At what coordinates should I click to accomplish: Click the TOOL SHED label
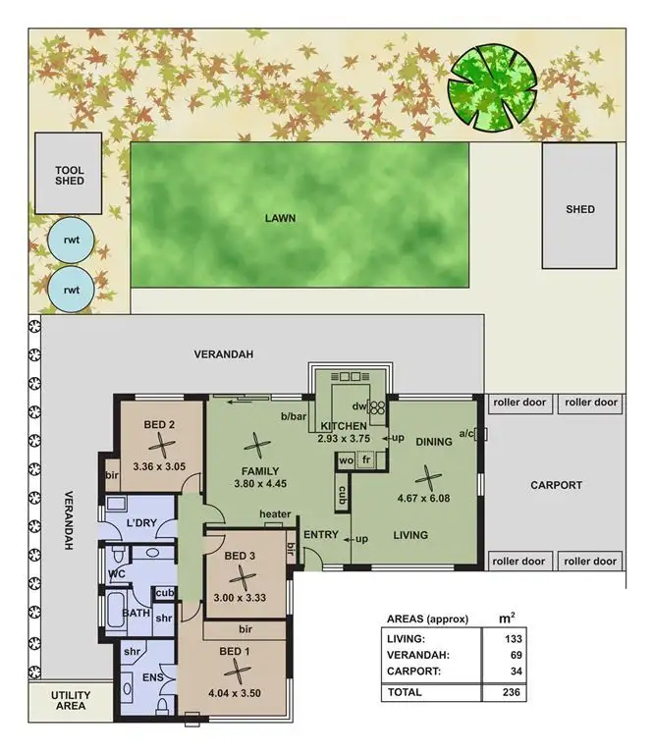pos(70,176)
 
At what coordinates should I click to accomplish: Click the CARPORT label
pos(557,485)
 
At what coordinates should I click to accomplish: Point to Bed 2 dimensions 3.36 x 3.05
pos(159,465)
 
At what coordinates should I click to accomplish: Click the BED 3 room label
pos(240,556)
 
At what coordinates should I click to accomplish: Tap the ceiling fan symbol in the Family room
pos(257,445)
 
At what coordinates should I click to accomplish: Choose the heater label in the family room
pos(275,514)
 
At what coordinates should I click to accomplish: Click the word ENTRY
pos(321,535)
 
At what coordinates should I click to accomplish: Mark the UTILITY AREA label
pos(70,699)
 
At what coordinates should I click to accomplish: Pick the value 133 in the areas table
pos(510,638)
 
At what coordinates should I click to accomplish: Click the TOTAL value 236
pos(510,692)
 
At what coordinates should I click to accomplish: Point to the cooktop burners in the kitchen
pos(376,404)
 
